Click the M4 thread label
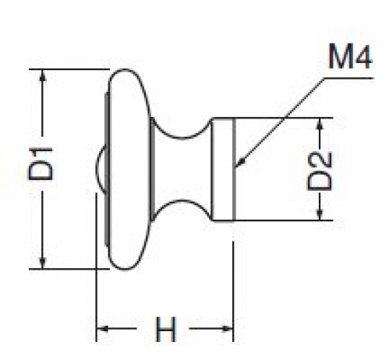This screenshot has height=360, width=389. (350, 56)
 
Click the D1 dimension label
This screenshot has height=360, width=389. (41, 164)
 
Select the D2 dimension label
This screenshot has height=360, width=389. (320, 171)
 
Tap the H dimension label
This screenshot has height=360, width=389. (166, 329)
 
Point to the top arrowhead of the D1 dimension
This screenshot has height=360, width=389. (43, 76)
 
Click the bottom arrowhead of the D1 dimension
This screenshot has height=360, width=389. (43, 263)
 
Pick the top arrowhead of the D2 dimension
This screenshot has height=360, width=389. (320, 124)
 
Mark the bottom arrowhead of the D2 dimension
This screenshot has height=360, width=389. (320, 214)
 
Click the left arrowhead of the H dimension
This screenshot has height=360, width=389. (102, 329)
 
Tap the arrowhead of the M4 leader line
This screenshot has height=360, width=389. (241, 161)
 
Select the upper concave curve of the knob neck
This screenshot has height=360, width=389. (182, 138)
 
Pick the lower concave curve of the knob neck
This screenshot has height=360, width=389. (182, 200)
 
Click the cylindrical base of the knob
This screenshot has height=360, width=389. (224, 169)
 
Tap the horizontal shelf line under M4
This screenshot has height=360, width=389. (349, 78)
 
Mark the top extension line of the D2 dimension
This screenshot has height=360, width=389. (273, 118)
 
